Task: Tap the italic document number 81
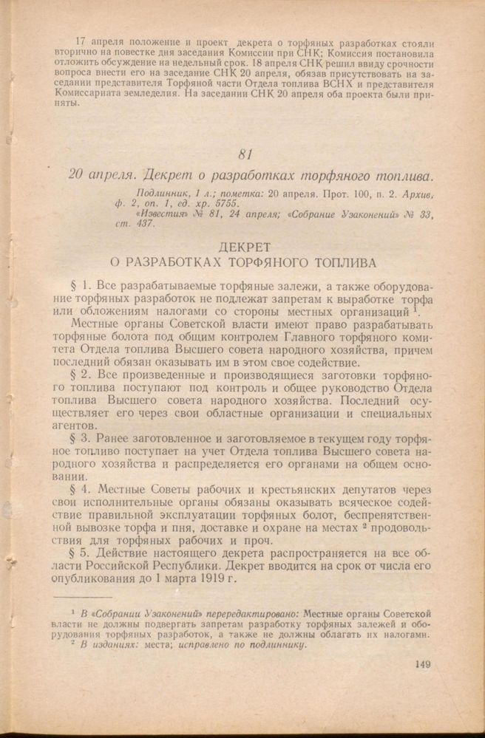coord(246,154)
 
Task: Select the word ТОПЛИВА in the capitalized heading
coord(341,262)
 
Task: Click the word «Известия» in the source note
coord(161,213)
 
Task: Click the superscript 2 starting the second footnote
coord(72,641)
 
